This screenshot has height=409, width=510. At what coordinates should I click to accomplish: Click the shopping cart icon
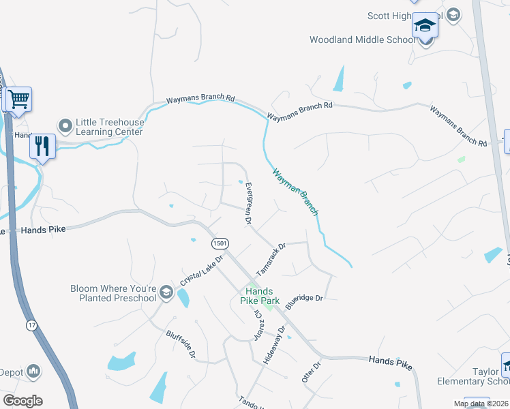pyautogui.click(x=19, y=100)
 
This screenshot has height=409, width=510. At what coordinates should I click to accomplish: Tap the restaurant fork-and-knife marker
pyautogui.click(x=43, y=145)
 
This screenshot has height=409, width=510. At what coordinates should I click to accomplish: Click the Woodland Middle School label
pyautogui.click(x=362, y=40)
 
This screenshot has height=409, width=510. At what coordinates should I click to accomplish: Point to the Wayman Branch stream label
pyautogui.click(x=295, y=192)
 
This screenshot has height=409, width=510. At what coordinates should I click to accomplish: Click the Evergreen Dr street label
pyautogui.click(x=249, y=203)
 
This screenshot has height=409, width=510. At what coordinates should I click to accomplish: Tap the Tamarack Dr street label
pyautogui.click(x=271, y=254)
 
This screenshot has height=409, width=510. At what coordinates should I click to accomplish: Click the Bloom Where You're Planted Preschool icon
pyautogui.click(x=166, y=293)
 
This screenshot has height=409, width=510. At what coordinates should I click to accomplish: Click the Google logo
pyautogui.click(x=22, y=401)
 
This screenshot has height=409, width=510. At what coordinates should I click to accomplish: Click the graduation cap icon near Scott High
pyautogui.click(x=425, y=26)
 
